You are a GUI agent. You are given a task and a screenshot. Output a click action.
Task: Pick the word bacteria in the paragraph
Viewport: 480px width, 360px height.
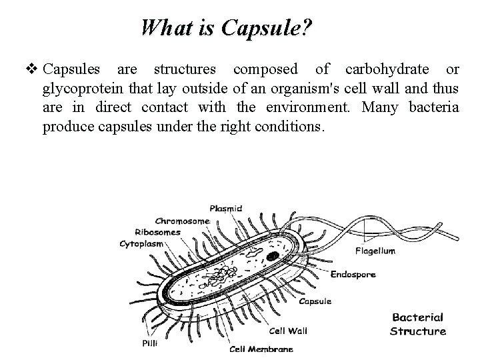[x=433, y=107]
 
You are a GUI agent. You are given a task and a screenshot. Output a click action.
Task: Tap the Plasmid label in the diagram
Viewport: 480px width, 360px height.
[x=226, y=208]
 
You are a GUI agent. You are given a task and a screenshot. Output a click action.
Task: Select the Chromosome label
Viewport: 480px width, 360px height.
[x=183, y=221]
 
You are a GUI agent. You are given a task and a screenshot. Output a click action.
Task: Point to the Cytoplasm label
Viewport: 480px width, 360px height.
[x=143, y=244]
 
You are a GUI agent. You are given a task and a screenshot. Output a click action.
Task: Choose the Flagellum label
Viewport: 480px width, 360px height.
[x=375, y=251]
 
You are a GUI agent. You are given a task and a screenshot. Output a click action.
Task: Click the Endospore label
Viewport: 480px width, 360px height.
[x=353, y=274]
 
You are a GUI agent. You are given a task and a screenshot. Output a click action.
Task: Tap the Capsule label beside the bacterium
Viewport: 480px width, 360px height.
[x=315, y=301]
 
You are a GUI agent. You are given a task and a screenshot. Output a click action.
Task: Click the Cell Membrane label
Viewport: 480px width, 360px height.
[x=261, y=348]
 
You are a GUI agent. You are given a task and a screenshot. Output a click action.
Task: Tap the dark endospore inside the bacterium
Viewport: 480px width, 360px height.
[x=273, y=255]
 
